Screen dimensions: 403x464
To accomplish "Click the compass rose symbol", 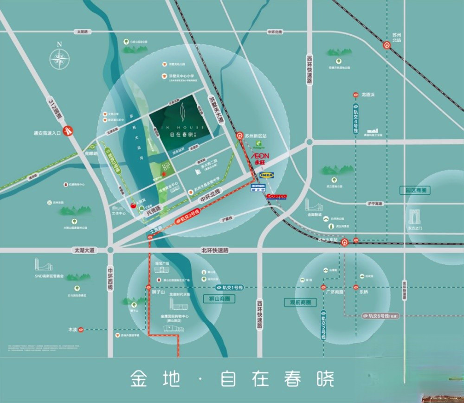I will tap(59, 58).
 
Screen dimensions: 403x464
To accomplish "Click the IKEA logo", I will tap(267, 175).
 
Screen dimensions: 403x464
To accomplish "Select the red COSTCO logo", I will tap(277, 197).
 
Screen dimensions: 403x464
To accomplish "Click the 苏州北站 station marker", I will tap(387, 45).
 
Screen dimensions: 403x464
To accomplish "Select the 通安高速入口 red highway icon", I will tap(69, 131).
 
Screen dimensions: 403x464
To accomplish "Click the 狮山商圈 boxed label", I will tap(219, 299).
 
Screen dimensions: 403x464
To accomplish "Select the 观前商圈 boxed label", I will tap(300, 302).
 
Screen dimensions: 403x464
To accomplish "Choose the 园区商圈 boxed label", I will tap(415, 190).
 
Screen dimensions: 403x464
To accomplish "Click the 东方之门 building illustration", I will tap(415, 217).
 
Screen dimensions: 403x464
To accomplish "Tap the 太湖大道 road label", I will tap(84, 250).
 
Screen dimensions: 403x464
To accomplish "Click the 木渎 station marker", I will tap(80, 330).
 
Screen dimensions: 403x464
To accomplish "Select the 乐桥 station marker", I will tap(356, 288).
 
